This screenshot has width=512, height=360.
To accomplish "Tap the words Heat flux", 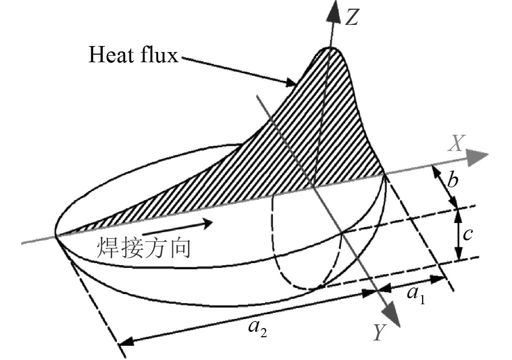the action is (134, 55).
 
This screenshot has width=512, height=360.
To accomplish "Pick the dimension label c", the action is (469, 234).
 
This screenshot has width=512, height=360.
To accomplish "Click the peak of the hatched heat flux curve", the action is (331, 49).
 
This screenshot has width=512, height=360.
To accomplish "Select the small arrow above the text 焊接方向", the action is (187, 224).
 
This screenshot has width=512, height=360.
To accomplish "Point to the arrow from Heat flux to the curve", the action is (238, 69).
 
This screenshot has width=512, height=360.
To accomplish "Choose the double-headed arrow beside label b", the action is (444, 187).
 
